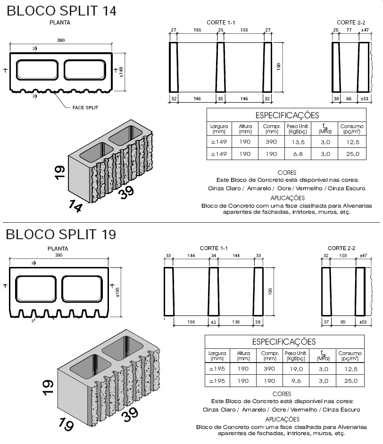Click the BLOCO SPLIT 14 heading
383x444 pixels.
(61, 11)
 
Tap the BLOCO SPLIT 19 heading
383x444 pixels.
(61, 234)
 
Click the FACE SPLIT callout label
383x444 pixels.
(85, 108)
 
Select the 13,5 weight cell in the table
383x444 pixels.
(298, 142)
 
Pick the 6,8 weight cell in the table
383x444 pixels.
(298, 154)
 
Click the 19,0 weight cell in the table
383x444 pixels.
(296, 369)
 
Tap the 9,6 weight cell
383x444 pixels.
(296, 381)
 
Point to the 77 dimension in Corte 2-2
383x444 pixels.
(349, 30)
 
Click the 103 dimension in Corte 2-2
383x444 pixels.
(343, 255)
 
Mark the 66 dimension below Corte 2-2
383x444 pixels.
(349, 99)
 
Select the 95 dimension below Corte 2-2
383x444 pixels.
(343, 322)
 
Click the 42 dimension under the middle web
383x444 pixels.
(213, 322)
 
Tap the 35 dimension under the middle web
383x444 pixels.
(220, 99)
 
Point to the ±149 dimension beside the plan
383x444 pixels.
(121, 72)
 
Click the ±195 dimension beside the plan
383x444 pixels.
(117, 292)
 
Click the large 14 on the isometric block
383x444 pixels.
(75, 206)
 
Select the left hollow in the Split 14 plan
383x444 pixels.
(37, 70)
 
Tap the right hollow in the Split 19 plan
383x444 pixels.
(82, 289)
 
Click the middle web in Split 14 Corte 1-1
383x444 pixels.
(221, 67)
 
